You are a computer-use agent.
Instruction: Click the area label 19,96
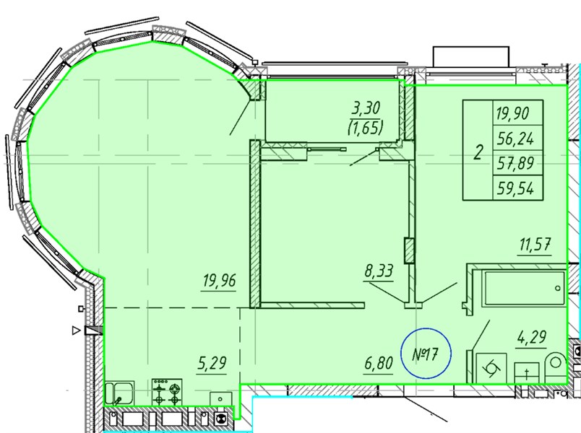(x=220, y=281)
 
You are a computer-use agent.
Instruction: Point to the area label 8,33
(x=379, y=271)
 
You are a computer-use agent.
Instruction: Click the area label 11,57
(x=535, y=245)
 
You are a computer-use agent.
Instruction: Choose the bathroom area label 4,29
(x=531, y=337)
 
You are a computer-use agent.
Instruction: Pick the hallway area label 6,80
(x=379, y=364)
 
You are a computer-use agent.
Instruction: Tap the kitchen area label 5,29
(x=212, y=363)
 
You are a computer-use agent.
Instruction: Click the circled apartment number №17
(x=426, y=353)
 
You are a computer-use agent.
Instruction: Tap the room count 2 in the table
(x=478, y=152)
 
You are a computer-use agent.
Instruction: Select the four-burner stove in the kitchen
(x=167, y=391)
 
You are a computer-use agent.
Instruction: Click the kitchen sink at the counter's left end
(x=120, y=393)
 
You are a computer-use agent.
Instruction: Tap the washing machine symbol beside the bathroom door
(x=491, y=368)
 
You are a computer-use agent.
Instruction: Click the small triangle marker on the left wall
(x=76, y=331)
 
